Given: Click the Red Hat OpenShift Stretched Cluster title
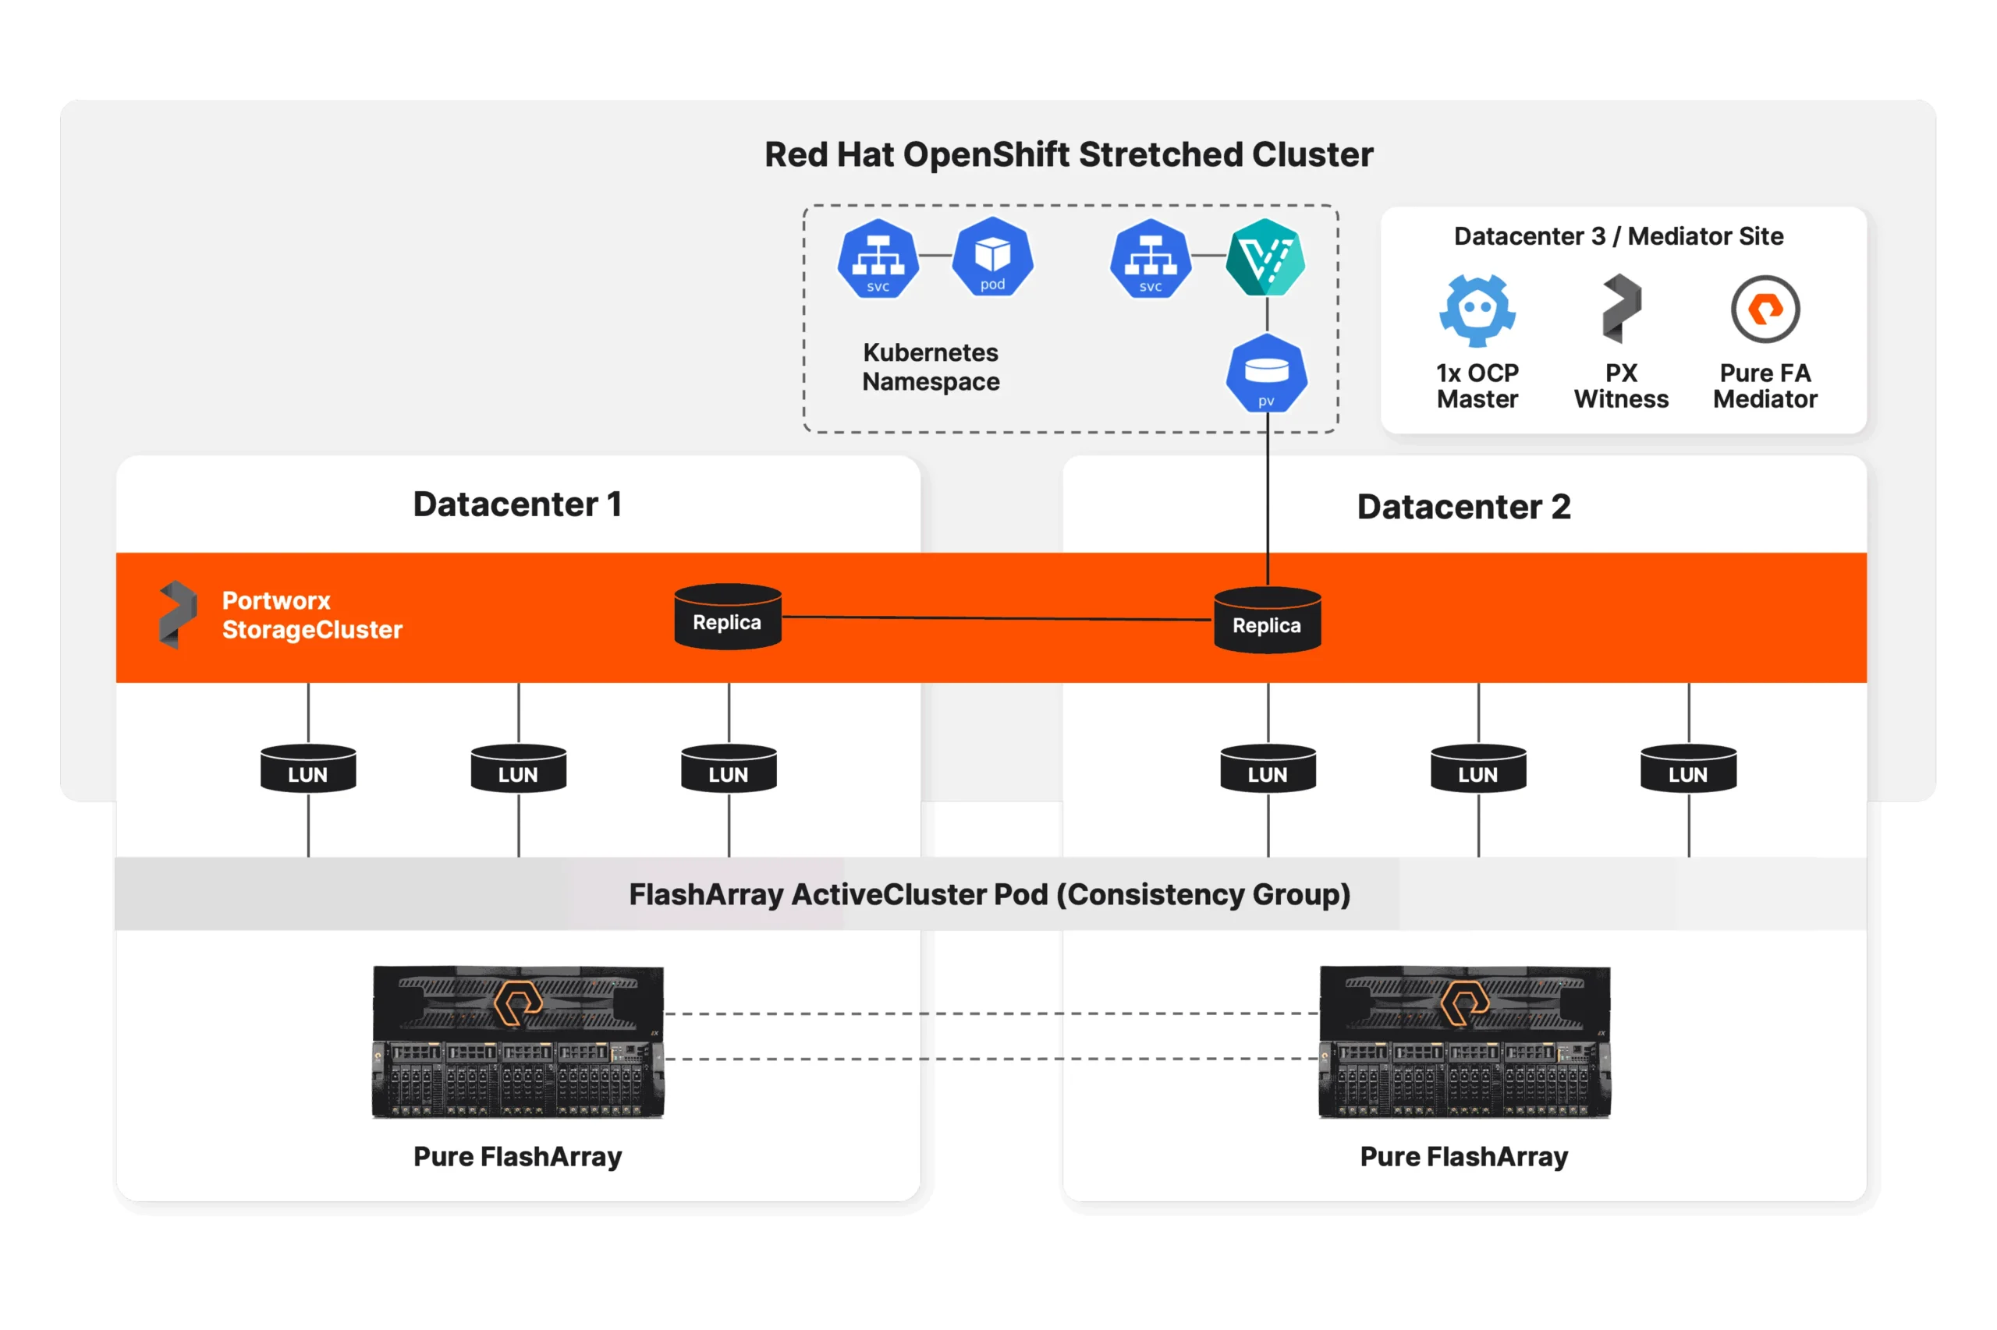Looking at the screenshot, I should [1068, 154].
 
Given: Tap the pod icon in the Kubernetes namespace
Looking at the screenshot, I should [991, 257].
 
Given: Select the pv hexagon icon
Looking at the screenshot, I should [1265, 374].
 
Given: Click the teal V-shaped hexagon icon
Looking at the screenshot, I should [1264, 257].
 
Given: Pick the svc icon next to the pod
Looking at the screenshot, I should [878, 259].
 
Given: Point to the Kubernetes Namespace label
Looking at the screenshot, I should [930, 366].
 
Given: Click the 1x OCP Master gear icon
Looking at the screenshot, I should [1476, 310].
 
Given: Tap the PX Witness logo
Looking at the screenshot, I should [1620, 308].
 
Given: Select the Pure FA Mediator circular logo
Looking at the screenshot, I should [1764, 309].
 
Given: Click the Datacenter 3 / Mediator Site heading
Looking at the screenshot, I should [1618, 235].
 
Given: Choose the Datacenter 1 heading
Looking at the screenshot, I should [517, 504].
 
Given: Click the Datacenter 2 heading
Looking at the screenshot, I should [1463, 508].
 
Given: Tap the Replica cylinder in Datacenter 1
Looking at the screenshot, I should [726, 617].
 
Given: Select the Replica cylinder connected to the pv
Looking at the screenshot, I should [1266, 621].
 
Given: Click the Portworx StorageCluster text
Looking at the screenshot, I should [311, 615].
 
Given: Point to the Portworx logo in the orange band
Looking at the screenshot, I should [177, 614].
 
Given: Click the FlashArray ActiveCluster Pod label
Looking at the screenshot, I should [988, 894].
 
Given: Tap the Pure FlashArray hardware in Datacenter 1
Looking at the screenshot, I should [518, 1042].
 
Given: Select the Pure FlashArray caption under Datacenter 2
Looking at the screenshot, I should [1463, 1156].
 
